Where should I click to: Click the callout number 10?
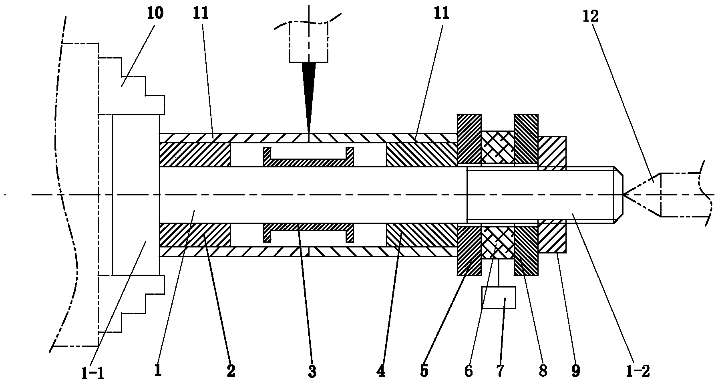point(155,14)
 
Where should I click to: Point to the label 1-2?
point(640,372)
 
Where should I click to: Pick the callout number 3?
point(312,372)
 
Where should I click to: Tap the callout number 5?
point(424,372)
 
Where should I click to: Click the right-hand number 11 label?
point(441,14)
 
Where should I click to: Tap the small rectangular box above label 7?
point(499,298)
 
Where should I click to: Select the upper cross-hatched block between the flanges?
point(497,147)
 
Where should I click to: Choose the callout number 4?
point(381,372)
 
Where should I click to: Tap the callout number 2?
point(231,372)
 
